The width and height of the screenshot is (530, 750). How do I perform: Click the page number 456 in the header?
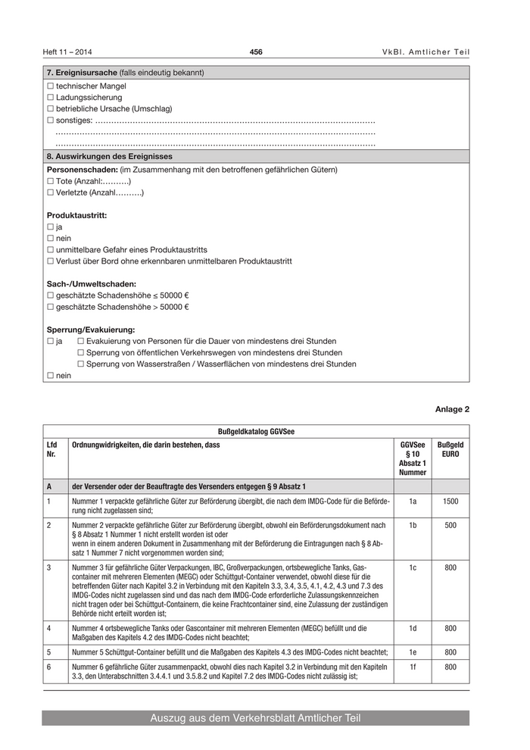256,52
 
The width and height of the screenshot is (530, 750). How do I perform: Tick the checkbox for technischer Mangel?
51,86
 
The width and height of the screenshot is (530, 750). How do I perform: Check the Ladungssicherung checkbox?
51,98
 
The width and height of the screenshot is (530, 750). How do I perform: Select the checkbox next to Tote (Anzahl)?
51,182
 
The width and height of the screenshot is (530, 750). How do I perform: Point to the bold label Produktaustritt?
77,216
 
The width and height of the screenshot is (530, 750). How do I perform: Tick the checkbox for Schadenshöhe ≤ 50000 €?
51,295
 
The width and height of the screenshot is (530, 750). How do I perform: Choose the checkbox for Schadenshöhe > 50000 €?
51,307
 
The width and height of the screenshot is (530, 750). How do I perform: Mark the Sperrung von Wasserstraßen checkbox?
81,364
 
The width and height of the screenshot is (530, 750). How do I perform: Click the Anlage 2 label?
452,409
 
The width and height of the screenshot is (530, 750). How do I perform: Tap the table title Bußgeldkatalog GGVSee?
256,431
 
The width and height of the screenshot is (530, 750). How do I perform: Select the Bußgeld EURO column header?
450,449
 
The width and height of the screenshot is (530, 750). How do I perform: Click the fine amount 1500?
450,501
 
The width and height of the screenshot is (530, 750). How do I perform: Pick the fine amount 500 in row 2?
450,524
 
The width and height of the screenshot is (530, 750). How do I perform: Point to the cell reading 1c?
413,567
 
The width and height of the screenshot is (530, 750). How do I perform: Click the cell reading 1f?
413,667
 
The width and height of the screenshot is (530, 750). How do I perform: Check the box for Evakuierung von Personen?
81,342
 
